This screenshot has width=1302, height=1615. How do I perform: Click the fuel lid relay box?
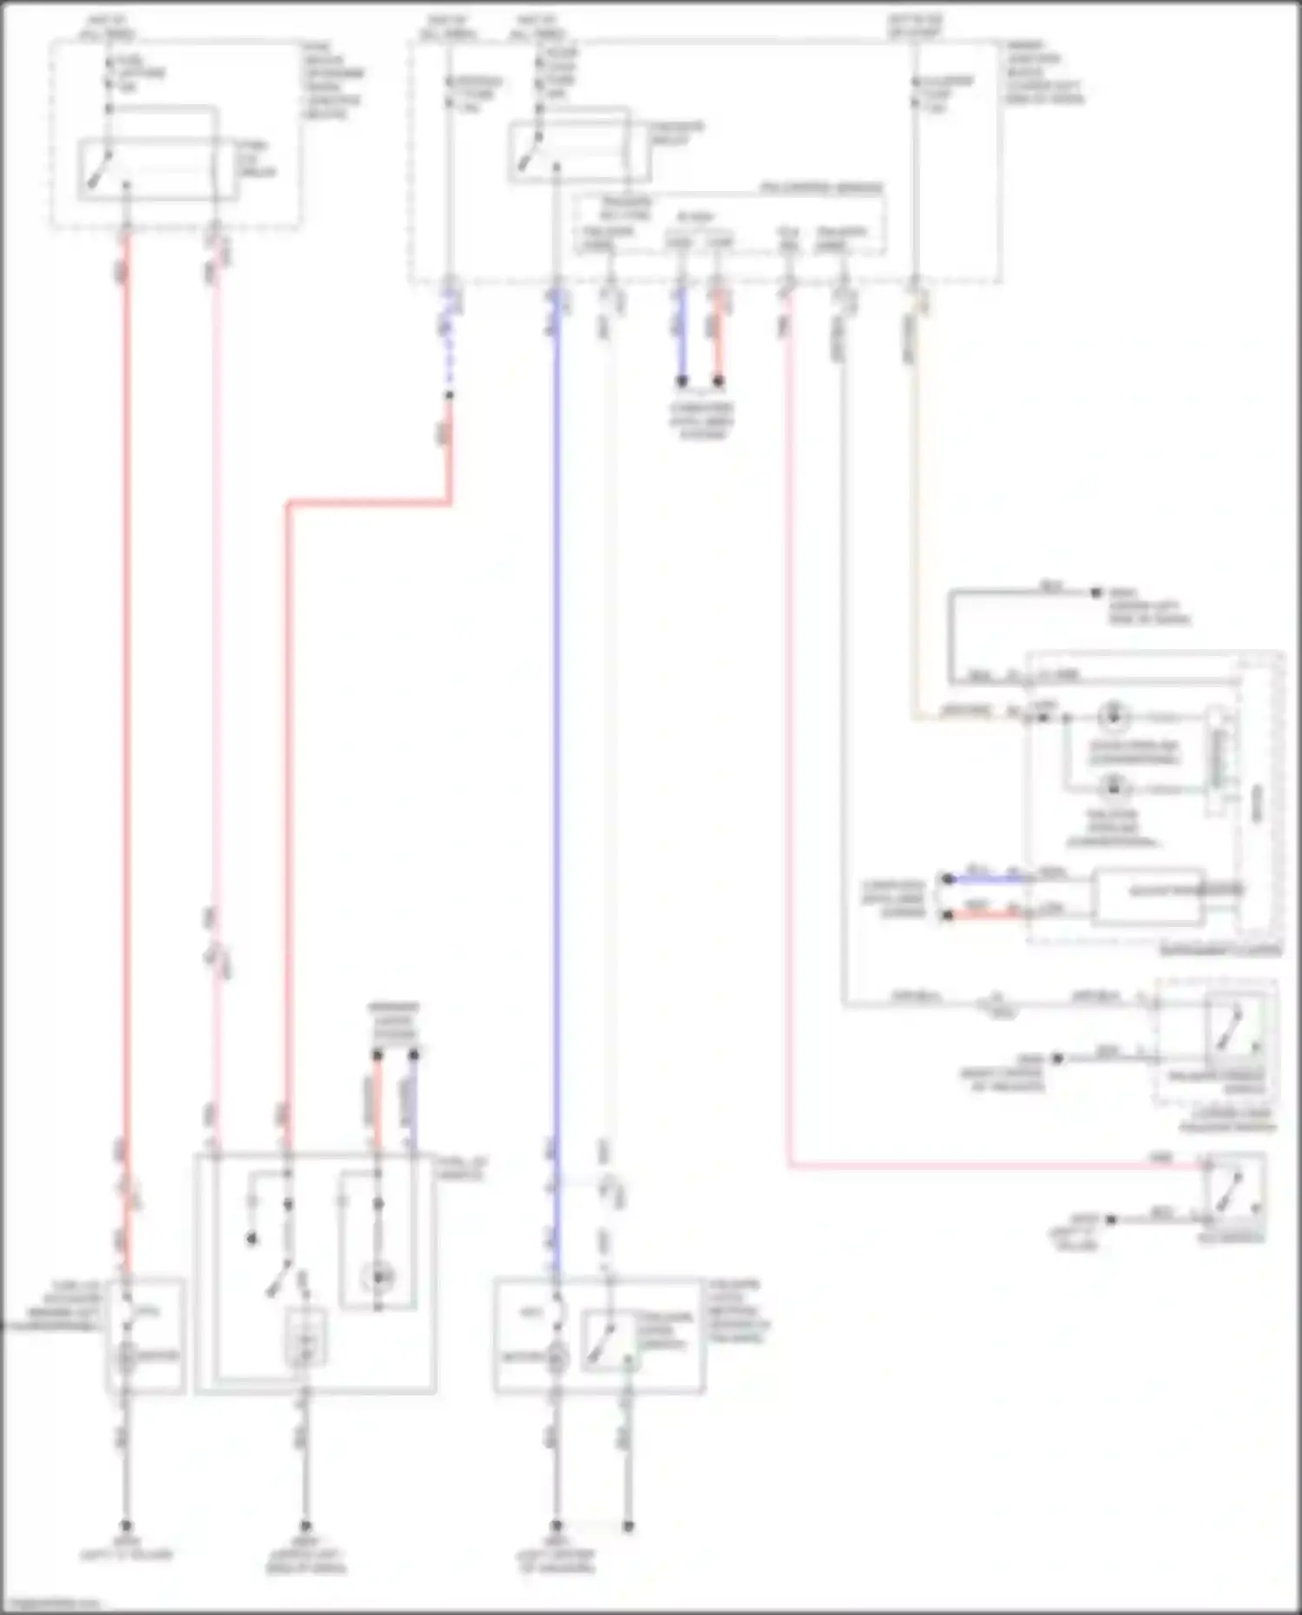tap(158, 169)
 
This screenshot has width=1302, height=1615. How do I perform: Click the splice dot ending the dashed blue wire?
tap(449, 396)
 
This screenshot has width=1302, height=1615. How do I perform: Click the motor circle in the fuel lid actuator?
tap(127, 1356)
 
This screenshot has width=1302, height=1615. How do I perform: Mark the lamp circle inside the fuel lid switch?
tap(378, 1277)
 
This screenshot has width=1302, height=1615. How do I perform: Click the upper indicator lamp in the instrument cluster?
tap(1112, 716)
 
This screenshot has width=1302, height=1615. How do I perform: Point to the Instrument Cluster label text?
tap(1220, 950)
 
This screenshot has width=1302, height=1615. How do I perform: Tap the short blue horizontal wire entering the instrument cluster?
tap(985, 879)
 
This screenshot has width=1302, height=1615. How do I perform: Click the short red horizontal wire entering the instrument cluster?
tap(985, 915)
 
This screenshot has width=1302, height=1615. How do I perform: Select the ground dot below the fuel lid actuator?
tap(126, 1526)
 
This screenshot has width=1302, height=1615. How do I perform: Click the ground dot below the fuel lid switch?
tap(305, 1526)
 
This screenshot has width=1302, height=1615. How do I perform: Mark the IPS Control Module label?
tap(821, 187)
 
